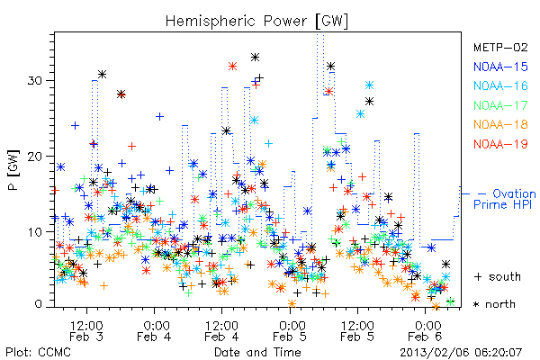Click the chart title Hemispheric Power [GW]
point(256,22)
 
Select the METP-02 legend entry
point(500,47)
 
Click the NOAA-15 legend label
point(500,67)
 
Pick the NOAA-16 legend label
point(500,85)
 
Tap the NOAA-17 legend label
point(500,105)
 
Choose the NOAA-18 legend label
point(500,124)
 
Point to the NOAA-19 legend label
point(500,144)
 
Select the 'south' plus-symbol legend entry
point(498,276)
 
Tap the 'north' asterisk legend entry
point(494,304)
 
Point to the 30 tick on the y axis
point(34,81)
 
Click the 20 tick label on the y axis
point(34,156)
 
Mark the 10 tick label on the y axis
point(34,231)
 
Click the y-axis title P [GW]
point(13,170)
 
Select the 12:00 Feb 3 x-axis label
point(86,331)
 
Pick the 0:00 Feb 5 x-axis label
point(290,331)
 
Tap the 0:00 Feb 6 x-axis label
point(426,331)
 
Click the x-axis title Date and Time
point(257,353)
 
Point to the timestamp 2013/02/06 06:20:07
point(461,353)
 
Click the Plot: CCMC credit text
point(38,353)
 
